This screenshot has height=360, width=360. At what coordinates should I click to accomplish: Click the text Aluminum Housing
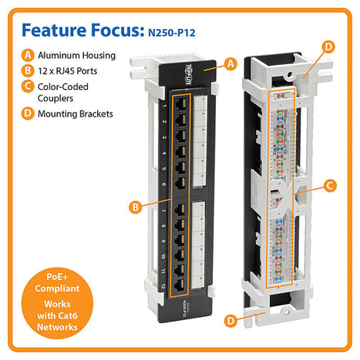point(76,56)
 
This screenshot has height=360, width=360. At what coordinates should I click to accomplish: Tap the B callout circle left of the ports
point(135,207)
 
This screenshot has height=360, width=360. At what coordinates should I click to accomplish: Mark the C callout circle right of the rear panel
point(330,185)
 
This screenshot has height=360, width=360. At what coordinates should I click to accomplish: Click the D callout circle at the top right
point(328,48)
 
